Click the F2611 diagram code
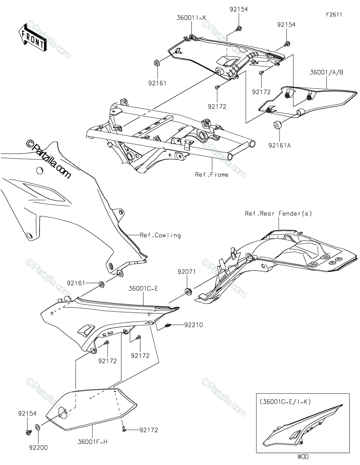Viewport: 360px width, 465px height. (x=334, y=15)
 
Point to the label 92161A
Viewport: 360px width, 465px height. (x=278, y=145)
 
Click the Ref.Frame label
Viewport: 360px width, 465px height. (x=212, y=175)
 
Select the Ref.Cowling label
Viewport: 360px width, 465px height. (x=160, y=235)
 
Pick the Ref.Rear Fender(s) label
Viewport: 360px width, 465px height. (x=278, y=214)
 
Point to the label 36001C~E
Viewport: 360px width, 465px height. (x=144, y=289)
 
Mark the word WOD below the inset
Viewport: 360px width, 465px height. (x=304, y=457)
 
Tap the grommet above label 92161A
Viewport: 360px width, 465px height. (x=277, y=126)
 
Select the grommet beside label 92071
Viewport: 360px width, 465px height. (x=188, y=291)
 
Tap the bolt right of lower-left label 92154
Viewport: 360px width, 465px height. (x=28, y=431)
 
